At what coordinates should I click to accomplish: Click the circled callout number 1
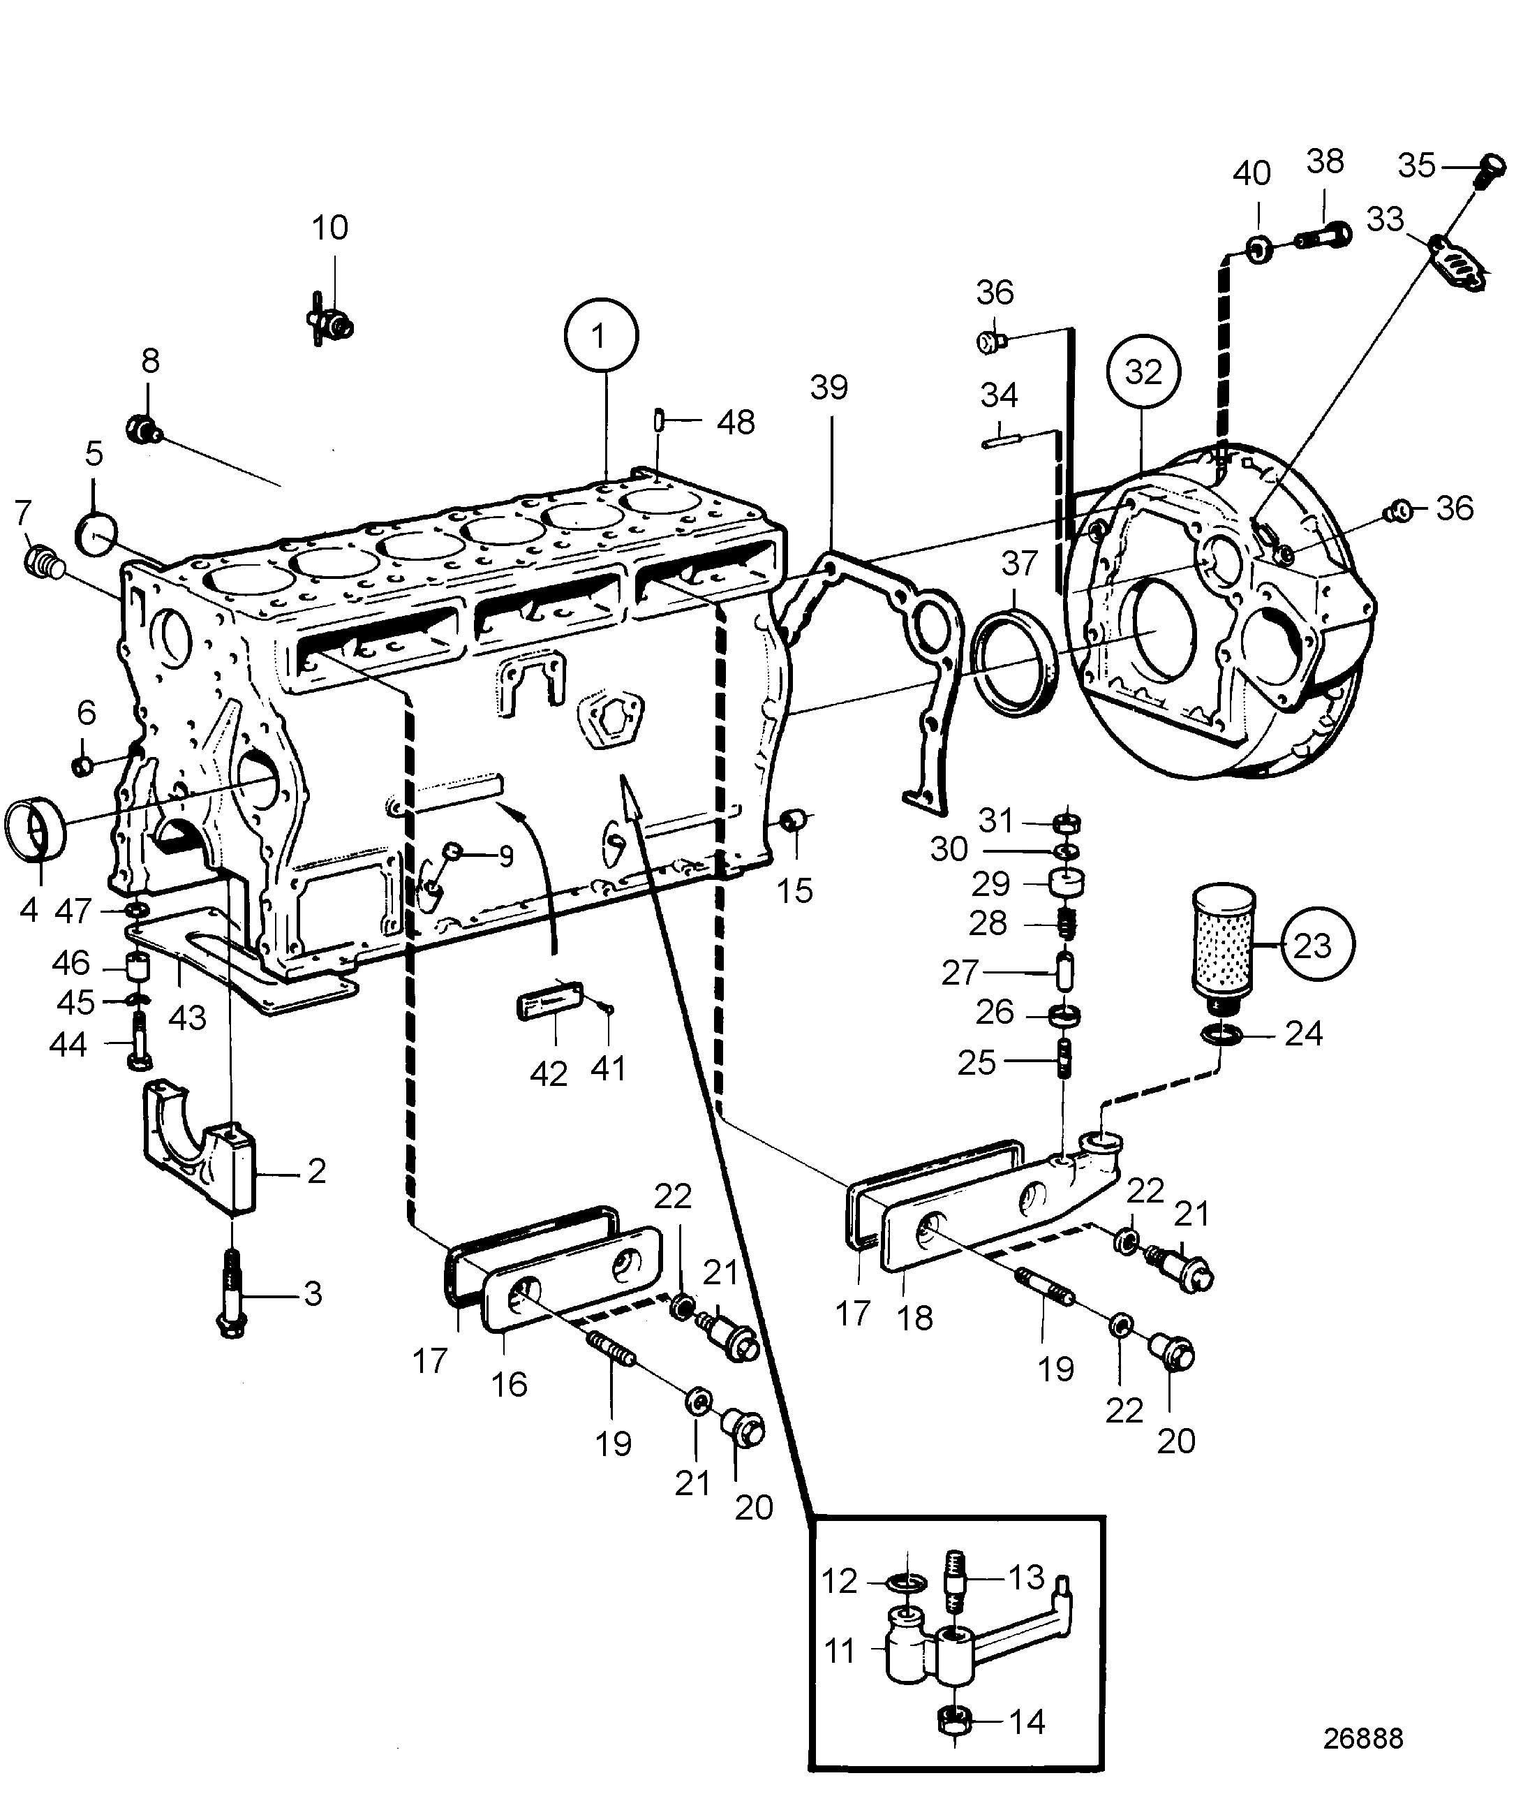tap(600, 336)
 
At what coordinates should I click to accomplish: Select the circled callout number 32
tap(1143, 372)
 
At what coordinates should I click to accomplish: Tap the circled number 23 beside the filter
tap(1312, 944)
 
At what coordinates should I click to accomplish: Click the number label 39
tap(829, 388)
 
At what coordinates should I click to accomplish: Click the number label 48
tap(736, 422)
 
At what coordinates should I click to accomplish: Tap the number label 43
tap(187, 1017)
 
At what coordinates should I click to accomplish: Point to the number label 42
tap(548, 1074)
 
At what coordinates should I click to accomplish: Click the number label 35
tap(1416, 165)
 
